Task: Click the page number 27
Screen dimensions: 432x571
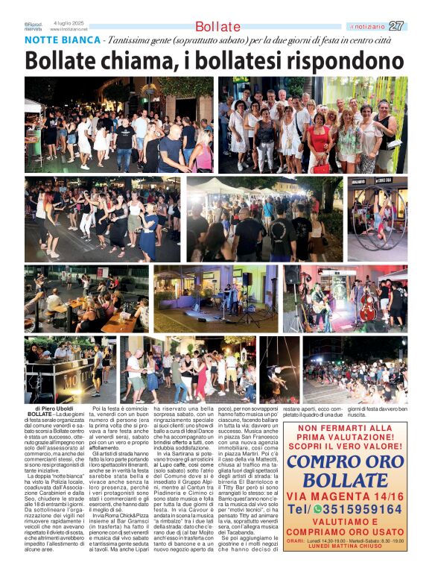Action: click(x=396, y=26)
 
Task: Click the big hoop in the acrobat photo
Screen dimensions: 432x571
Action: click(x=378, y=219)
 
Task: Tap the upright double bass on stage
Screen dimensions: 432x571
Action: click(x=367, y=303)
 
